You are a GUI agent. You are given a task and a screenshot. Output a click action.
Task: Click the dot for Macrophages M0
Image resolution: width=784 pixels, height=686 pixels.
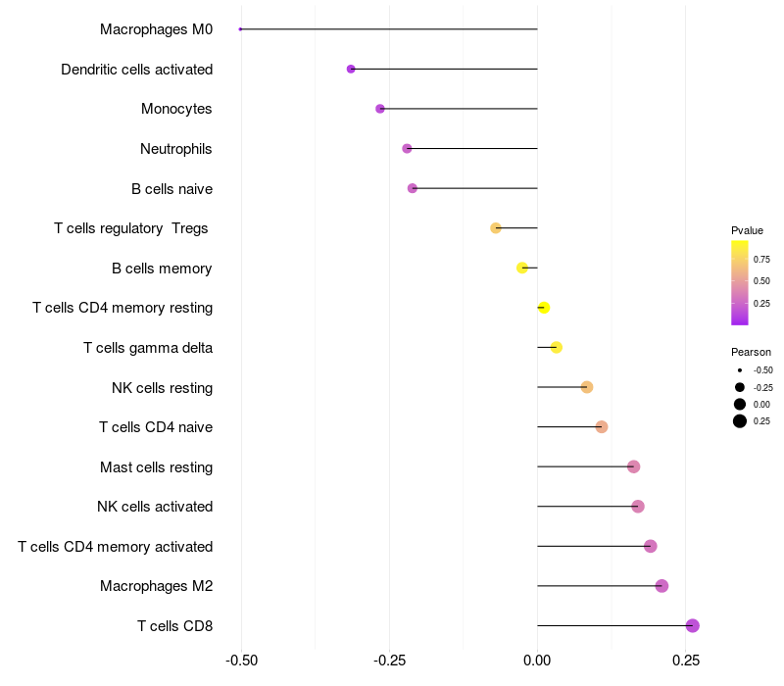pos(240,29)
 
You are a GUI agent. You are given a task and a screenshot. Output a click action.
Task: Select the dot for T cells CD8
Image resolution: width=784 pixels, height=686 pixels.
pos(693,625)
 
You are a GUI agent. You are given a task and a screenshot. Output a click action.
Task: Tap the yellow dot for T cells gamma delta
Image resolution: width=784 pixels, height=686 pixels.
pos(557,347)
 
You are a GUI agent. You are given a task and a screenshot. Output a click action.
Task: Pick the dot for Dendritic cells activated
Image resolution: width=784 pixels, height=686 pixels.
pos(351,69)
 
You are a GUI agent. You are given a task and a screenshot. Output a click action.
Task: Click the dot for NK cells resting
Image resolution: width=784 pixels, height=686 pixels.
pos(587,387)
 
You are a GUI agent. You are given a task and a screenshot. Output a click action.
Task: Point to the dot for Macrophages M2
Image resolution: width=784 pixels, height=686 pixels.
pos(661,586)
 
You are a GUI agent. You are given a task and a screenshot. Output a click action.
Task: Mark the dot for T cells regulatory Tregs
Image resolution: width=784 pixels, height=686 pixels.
pos(496,228)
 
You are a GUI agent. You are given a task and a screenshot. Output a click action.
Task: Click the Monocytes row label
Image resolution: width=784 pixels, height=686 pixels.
pos(176,109)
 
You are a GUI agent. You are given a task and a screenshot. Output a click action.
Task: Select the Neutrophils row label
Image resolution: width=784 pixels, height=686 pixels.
pos(176,149)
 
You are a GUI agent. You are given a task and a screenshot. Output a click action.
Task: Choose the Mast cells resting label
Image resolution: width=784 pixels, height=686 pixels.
pos(157,467)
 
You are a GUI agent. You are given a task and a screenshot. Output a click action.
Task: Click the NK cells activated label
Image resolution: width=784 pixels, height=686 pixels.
pos(155,507)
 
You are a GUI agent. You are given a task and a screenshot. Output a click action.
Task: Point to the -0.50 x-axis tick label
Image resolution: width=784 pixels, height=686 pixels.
pos(241,661)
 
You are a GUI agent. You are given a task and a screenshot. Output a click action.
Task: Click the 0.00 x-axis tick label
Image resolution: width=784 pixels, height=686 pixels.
pos(537,661)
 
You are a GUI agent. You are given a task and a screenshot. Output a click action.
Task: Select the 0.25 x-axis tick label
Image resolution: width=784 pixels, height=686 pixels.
pos(686,661)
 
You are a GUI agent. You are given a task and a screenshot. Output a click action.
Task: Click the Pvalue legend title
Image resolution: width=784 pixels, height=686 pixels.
pos(747,230)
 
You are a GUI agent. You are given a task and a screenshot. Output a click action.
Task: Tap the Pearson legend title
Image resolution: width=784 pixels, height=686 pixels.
pos(751,352)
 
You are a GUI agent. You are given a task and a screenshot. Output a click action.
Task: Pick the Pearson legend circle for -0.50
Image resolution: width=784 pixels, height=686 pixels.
pos(739,370)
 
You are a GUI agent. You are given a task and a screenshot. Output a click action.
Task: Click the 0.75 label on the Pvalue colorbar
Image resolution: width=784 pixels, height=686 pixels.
pos(761,260)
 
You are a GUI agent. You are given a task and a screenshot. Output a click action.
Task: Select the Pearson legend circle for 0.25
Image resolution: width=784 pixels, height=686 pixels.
pos(739,421)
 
